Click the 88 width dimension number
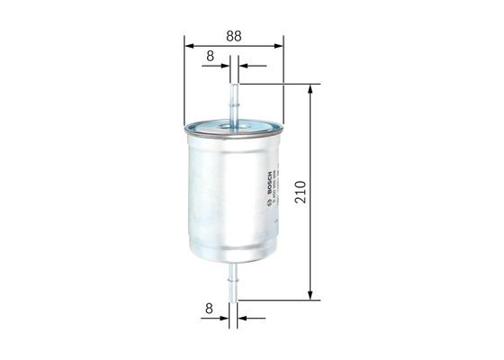[233, 37]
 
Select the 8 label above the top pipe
[210, 56]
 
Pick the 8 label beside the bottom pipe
[209, 308]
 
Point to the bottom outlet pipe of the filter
[234, 280]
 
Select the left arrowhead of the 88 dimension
[188, 46]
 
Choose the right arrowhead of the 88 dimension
[278, 46]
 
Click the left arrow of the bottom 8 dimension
[223, 318]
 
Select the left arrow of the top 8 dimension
[223, 66]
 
